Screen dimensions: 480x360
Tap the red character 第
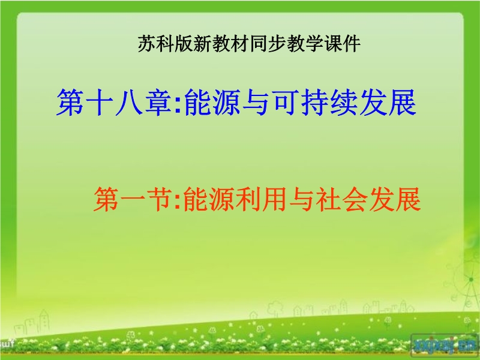coord(106,200)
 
